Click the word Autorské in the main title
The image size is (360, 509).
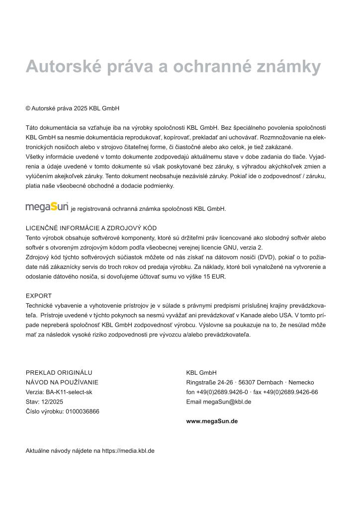(x=60, y=66)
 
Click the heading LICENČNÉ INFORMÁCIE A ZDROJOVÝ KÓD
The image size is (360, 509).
(x=91, y=228)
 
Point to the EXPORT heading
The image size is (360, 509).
(x=39, y=296)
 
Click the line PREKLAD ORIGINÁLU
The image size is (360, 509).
(x=59, y=372)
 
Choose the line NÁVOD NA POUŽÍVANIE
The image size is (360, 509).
(x=62, y=382)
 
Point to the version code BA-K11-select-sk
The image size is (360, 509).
(x=69, y=392)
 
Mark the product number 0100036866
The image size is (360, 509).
(x=83, y=411)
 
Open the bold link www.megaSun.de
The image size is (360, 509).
(x=212, y=421)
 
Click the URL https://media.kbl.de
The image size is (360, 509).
(x=128, y=451)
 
